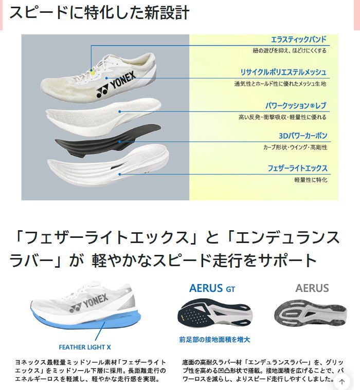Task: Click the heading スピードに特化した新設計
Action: (x=99, y=12)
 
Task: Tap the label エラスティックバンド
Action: (x=298, y=39)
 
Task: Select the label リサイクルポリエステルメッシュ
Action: (x=283, y=72)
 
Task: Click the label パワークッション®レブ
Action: (x=296, y=106)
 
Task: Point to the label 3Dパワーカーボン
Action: (x=303, y=136)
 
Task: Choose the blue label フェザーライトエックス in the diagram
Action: (x=297, y=169)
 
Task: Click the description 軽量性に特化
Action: (x=311, y=180)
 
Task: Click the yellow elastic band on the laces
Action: (x=92, y=72)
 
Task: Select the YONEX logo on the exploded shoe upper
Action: (x=116, y=84)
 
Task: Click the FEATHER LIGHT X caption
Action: (x=85, y=347)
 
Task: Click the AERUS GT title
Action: (x=212, y=289)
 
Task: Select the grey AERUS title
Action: (x=312, y=288)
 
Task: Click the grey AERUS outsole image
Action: (x=310, y=312)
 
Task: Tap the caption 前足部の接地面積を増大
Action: (x=214, y=340)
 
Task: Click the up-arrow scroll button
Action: (x=342, y=382)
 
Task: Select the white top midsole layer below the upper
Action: (x=104, y=117)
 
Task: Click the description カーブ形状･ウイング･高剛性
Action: (x=295, y=147)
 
